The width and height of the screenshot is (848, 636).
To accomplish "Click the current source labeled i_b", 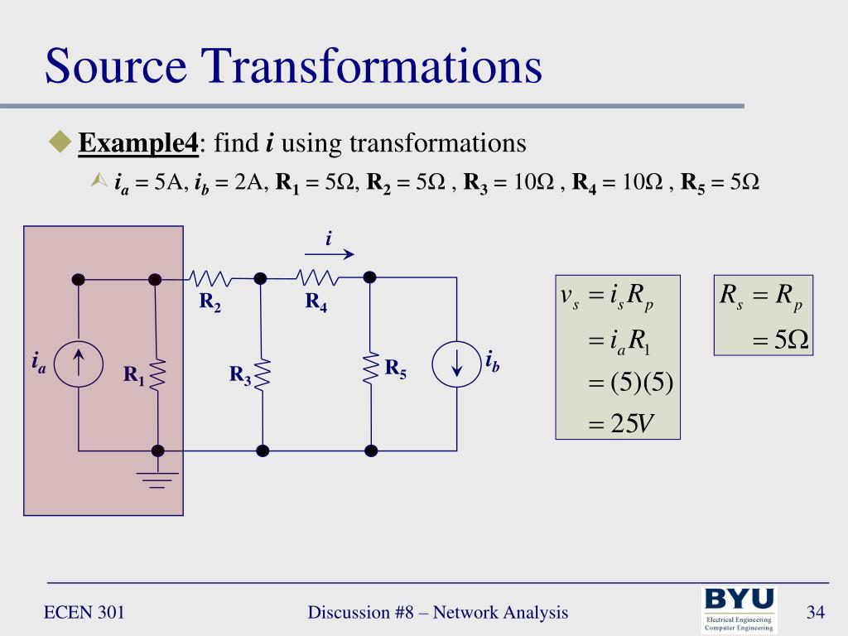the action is point(456,365).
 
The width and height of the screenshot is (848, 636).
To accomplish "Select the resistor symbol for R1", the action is point(157,373).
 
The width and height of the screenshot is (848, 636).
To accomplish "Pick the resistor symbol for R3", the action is point(263,373).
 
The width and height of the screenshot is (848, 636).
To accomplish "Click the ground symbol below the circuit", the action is point(157,479).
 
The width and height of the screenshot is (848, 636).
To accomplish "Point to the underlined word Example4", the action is point(138,143).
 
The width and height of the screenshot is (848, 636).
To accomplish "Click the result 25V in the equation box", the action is point(621,423).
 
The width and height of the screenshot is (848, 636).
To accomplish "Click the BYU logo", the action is point(740,609).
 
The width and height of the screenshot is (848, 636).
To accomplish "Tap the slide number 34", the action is point(816,613).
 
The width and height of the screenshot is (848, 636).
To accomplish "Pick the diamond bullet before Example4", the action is point(60,142).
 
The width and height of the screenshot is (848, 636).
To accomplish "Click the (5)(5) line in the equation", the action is point(629,383).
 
